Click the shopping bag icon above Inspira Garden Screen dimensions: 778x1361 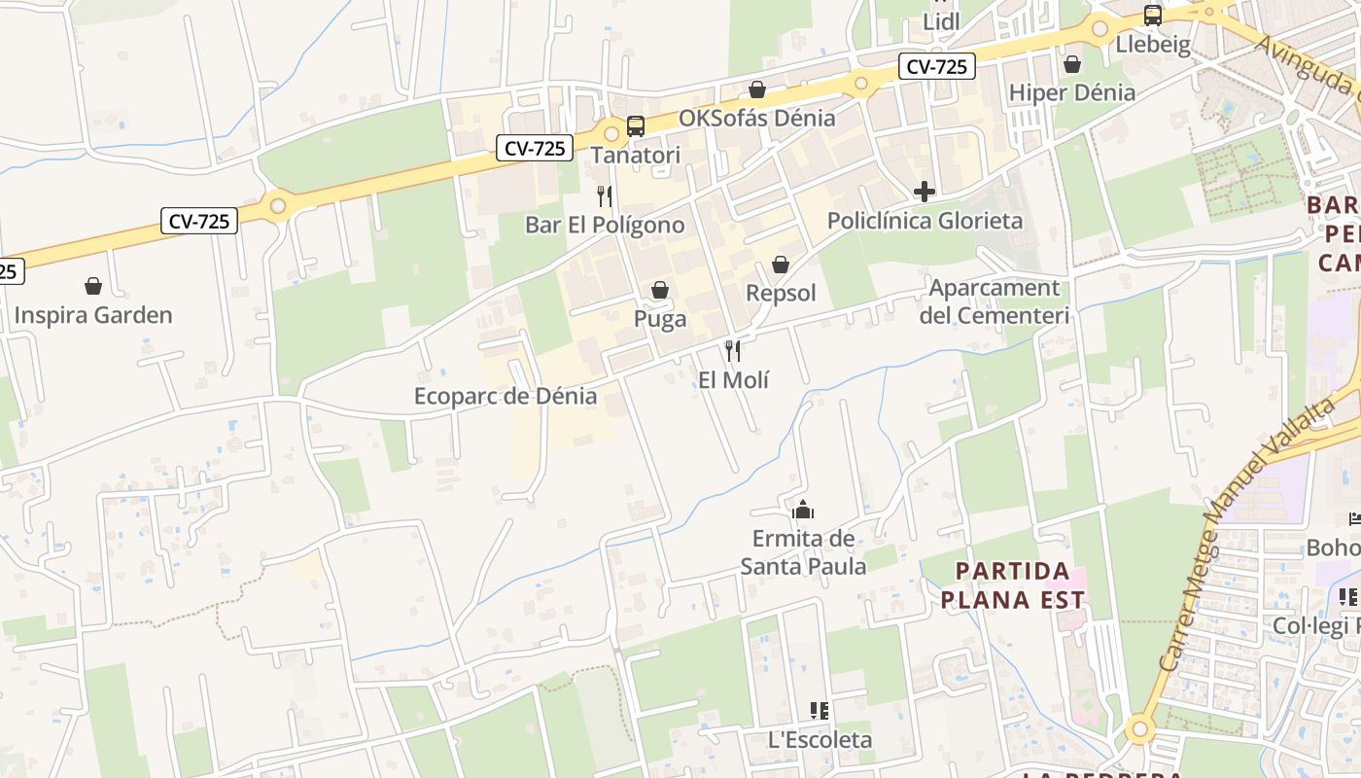click(93, 286)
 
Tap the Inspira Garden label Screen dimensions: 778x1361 click(93, 315)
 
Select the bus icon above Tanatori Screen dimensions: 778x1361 click(636, 126)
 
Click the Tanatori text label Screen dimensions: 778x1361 click(636, 156)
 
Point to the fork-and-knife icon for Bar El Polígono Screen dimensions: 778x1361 click(605, 196)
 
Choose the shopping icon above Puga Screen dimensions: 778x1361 click(660, 290)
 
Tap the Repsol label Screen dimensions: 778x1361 click(781, 293)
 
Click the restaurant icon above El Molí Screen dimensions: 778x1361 click(733, 351)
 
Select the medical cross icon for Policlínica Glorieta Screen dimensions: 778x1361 click(925, 192)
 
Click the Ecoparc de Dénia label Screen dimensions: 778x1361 click(506, 396)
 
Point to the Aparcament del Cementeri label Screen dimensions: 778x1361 click(994, 301)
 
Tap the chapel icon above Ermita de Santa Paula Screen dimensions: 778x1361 click(803, 510)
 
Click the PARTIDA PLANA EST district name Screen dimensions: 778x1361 click(1012, 584)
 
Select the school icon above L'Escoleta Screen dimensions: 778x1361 click(820, 711)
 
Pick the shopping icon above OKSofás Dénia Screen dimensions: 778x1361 click(757, 89)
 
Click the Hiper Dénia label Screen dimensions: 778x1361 click(1072, 92)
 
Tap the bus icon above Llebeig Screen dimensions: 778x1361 click(1153, 16)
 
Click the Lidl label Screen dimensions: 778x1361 click(941, 21)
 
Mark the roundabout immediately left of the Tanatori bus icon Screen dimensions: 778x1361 click(611, 133)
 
